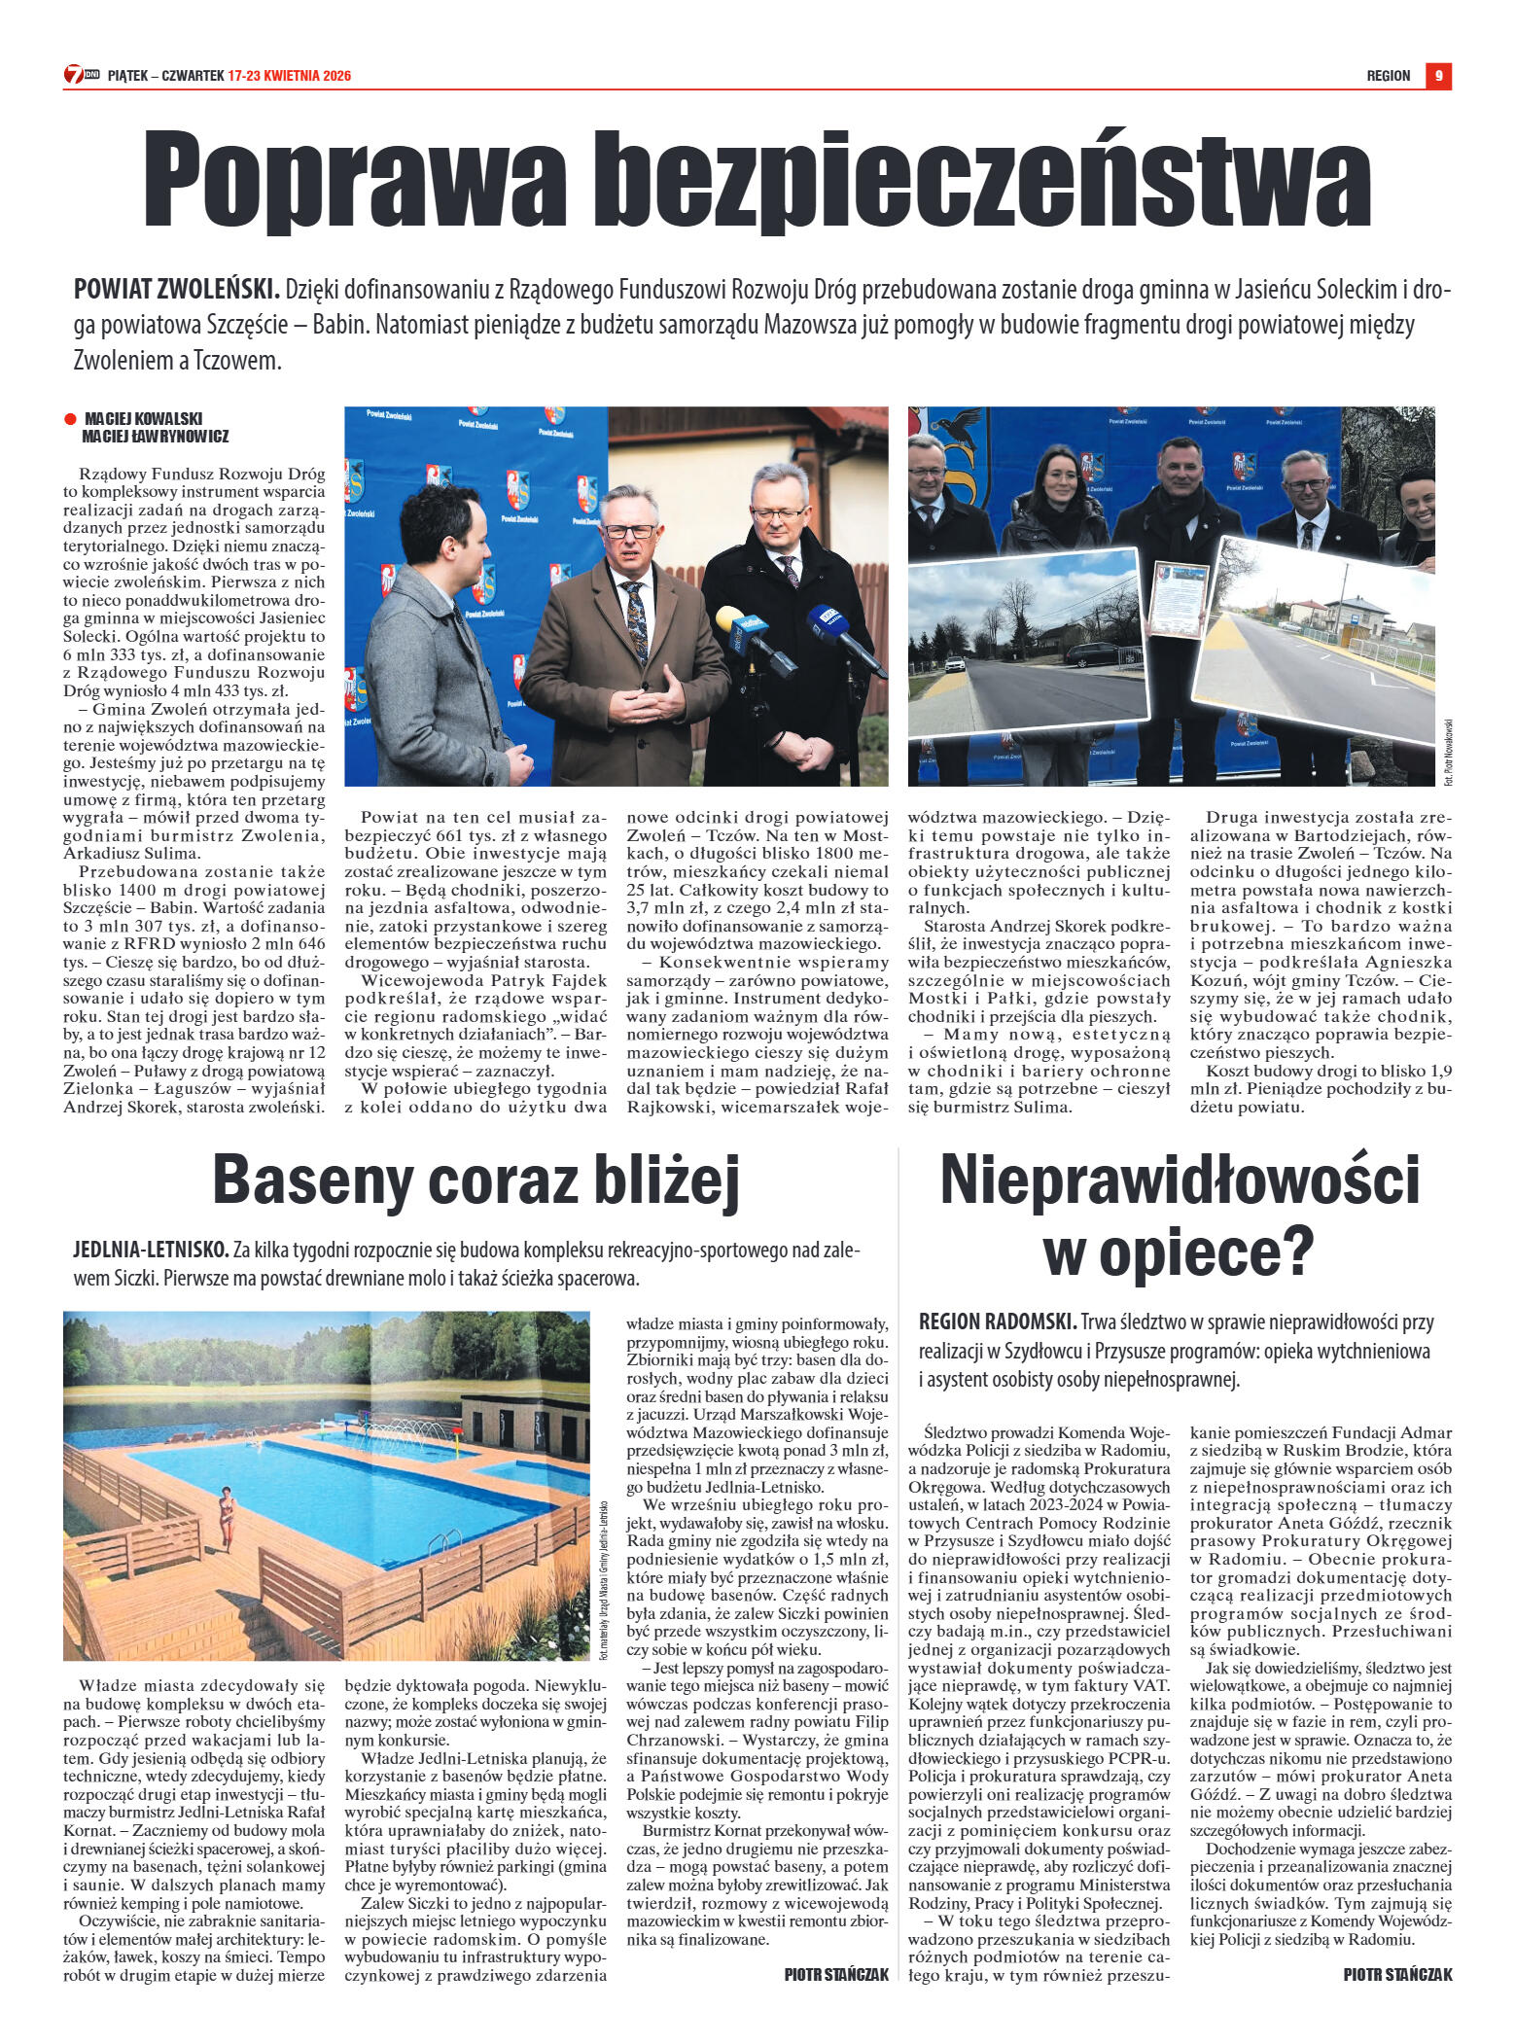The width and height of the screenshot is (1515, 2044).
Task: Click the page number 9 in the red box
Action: click(x=1438, y=76)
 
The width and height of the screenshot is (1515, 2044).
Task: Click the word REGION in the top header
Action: click(x=1388, y=76)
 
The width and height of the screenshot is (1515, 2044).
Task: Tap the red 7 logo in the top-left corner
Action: click(x=74, y=75)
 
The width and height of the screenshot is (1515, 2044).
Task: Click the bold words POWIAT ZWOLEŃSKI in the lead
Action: click(x=176, y=289)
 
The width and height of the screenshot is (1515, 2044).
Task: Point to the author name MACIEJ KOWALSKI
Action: click(x=143, y=419)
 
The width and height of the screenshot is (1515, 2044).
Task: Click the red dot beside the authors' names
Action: click(x=70, y=419)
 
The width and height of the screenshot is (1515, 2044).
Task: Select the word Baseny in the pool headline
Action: click(x=311, y=1180)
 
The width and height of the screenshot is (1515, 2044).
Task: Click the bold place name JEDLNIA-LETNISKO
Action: click(x=151, y=1250)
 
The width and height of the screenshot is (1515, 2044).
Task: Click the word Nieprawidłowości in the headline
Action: click(x=1179, y=1180)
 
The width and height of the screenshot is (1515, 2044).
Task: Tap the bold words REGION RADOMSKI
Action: click(x=998, y=1322)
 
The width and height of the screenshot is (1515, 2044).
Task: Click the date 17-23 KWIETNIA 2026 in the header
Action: click(x=290, y=76)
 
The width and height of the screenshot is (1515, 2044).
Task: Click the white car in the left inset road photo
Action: click(x=955, y=665)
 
